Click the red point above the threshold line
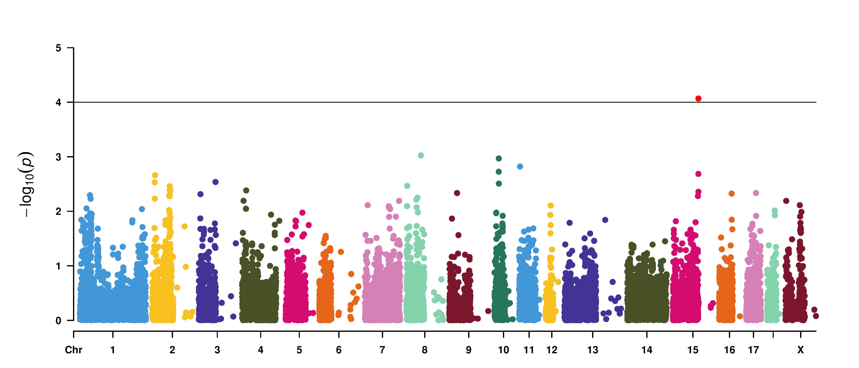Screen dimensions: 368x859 click(x=698, y=98)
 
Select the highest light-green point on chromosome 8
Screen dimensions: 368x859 click(x=421, y=155)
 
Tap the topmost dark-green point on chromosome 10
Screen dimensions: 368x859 click(x=499, y=158)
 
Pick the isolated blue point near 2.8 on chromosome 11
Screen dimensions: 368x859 click(x=520, y=166)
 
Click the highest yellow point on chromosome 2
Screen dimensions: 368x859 click(x=155, y=175)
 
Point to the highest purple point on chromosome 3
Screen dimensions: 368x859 click(x=215, y=182)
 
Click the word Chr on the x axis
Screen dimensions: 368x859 click(x=73, y=350)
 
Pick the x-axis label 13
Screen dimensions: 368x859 click(x=593, y=350)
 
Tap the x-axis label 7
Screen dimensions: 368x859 click(x=382, y=350)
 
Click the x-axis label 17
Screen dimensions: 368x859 click(x=753, y=350)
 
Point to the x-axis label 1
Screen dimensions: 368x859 click(x=113, y=350)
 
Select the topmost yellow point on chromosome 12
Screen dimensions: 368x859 click(x=551, y=206)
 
